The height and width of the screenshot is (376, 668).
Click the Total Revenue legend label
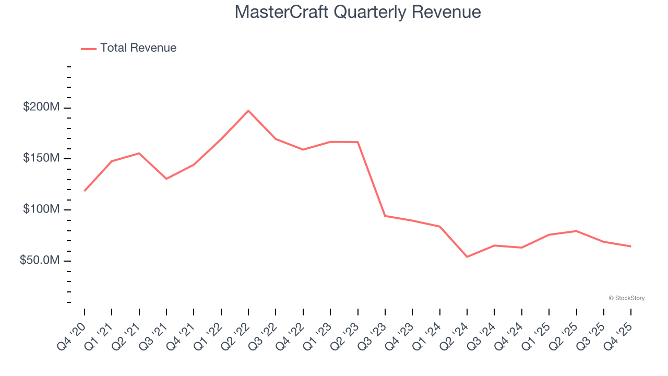[138, 48]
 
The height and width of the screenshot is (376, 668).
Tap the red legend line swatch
[89, 49]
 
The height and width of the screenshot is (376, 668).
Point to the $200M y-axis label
[41, 108]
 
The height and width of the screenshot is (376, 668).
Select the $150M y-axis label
[41, 158]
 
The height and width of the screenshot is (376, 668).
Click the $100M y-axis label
[41, 209]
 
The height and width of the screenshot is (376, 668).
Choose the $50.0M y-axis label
[39, 260]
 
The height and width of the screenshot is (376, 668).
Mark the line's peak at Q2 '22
[248, 111]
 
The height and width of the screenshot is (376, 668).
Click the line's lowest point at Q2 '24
[467, 257]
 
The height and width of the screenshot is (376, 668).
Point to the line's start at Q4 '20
[85, 191]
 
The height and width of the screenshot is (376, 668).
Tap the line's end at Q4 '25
[631, 246]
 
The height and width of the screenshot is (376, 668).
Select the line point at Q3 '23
[385, 216]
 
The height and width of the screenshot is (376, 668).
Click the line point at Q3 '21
[166, 179]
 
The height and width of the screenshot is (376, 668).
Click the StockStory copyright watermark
[626, 298]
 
